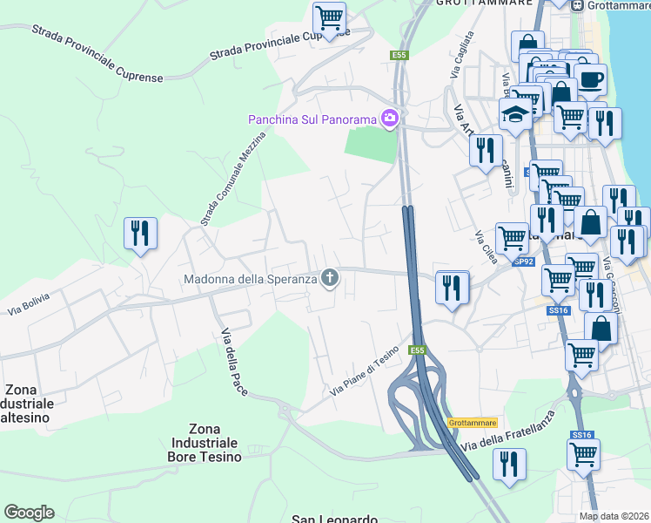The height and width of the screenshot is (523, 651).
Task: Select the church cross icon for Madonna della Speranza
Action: (329, 279)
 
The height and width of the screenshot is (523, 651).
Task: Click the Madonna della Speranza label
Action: (249, 280)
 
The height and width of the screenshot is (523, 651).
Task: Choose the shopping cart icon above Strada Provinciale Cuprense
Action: (329, 18)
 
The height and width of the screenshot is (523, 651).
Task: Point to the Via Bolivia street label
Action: (30, 302)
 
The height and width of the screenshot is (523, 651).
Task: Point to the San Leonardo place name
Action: (334, 519)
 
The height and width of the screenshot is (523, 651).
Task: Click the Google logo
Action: (29, 513)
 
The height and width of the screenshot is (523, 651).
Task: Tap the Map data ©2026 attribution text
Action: (614, 516)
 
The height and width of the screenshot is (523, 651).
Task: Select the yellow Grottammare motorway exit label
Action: (472, 423)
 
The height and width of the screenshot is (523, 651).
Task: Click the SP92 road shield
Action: (522, 261)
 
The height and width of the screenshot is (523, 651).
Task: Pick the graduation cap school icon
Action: (515, 114)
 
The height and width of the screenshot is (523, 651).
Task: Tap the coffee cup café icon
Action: (590, 79)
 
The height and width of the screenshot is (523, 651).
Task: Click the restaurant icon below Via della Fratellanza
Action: (509, 464)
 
